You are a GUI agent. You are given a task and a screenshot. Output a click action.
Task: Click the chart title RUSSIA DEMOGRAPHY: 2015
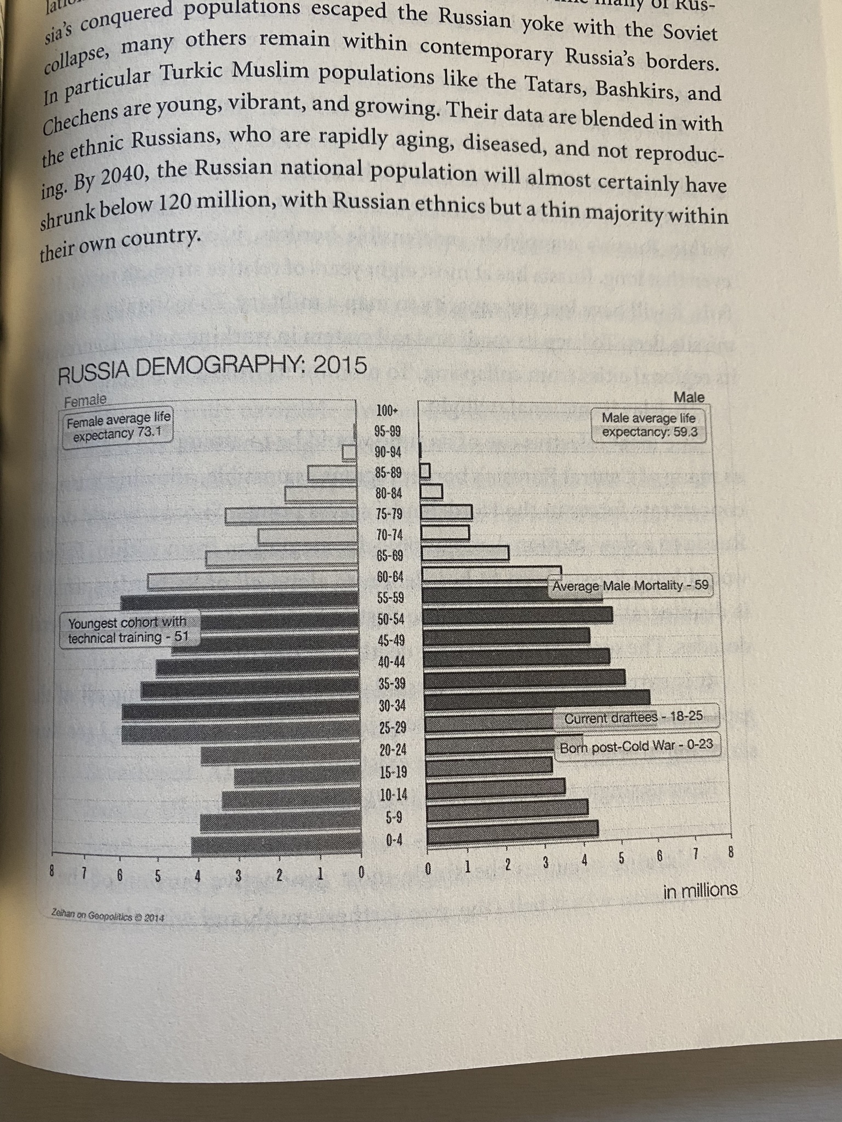pos(212,367)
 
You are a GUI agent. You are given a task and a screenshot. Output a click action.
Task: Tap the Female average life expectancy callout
pos(118,426)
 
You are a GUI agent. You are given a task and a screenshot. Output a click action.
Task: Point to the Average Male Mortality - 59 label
pos(630,586)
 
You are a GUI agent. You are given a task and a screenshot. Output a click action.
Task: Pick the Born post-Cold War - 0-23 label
pos(639,747)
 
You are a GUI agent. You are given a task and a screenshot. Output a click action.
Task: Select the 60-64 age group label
pos(390,576)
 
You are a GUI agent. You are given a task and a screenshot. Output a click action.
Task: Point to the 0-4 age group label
pos(394,839)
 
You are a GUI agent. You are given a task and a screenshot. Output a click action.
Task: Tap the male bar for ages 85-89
pos(425,471)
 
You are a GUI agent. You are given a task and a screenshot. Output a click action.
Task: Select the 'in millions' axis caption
pos(700,890)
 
